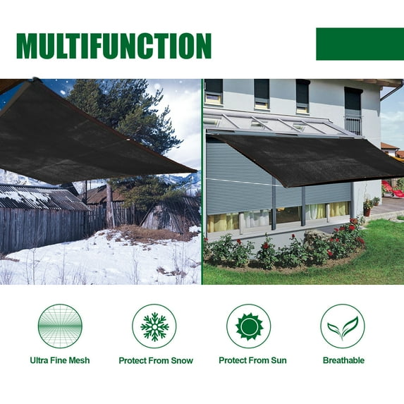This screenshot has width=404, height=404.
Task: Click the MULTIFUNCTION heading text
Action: (x=114, y=45)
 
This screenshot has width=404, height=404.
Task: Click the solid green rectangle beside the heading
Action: (x=360, y=44)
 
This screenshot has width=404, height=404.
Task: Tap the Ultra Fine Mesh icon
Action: (x=60, y=326)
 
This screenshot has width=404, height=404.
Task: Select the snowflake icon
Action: (x=154, y=326)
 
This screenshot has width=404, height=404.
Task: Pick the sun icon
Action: (x=248, y=326)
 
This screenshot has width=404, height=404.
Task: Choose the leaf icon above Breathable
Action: (x=343, y=326)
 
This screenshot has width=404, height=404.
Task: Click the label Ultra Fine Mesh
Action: (x=60, y=360)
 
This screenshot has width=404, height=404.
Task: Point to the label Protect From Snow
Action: (x=155, y=360)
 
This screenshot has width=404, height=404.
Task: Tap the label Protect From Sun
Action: (x=252, y=360)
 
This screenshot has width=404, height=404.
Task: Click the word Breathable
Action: (x=343, y=360)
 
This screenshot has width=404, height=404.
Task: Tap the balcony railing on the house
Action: (x=353, y=125)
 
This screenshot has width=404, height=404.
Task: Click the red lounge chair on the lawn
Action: (x=392, y=189)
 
